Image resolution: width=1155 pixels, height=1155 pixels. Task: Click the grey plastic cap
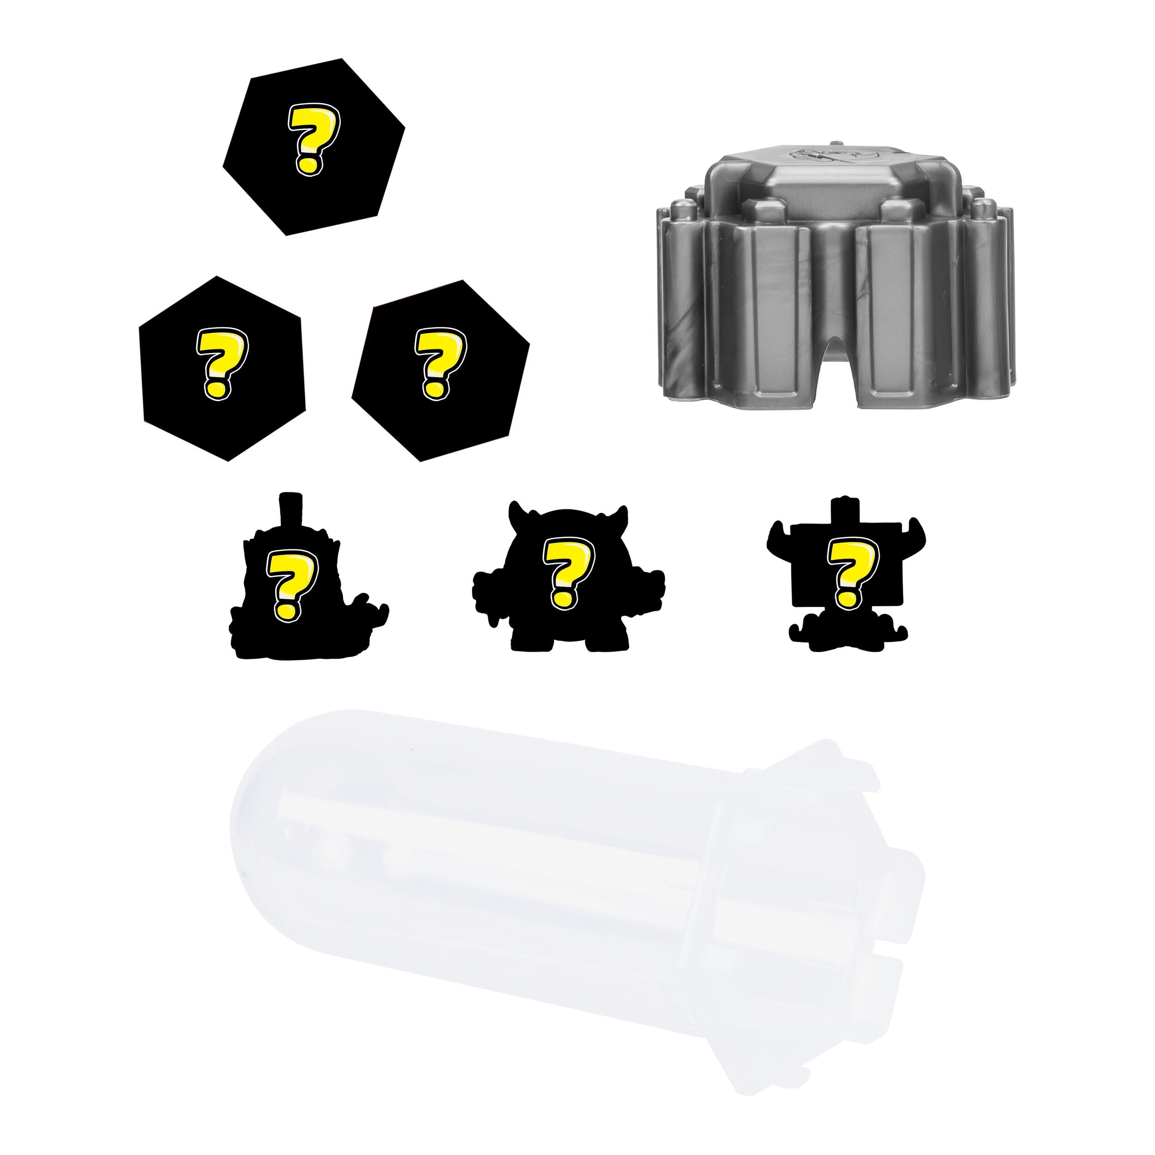coord(831,287)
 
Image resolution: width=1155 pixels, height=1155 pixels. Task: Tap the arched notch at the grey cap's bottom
coord(831,383)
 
